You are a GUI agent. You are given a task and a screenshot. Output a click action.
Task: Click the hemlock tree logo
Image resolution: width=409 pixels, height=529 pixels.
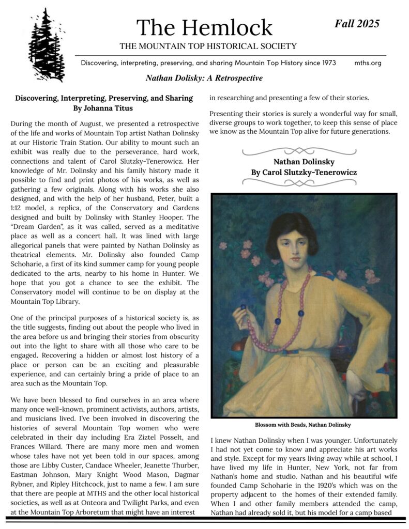tap(48, 45)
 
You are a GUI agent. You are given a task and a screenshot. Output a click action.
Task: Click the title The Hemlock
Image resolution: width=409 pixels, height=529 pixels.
tap(204, 27)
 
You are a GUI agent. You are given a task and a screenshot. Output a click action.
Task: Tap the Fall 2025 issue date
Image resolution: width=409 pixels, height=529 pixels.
tap(357, 23)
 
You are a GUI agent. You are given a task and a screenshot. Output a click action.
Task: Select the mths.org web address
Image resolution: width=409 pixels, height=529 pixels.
tap(368, 63)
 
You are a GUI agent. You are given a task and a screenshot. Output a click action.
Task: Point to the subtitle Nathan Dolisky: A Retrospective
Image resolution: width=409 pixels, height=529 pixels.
tap(204, 79)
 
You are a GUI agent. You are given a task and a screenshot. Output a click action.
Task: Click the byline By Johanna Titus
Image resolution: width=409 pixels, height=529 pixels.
tap(104, 108)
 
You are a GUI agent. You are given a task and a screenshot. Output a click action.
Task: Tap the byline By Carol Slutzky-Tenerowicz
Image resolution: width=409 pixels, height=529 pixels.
tap(304, 172)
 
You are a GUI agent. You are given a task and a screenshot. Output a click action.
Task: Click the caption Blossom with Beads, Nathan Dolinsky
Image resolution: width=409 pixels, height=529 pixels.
tap(303, 425)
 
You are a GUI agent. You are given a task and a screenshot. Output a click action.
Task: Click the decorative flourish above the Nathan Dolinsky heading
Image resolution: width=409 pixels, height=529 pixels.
tap(304, 151)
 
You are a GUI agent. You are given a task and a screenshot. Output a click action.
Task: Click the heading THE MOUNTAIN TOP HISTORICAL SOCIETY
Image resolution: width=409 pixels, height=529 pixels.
tap(208, 46)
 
